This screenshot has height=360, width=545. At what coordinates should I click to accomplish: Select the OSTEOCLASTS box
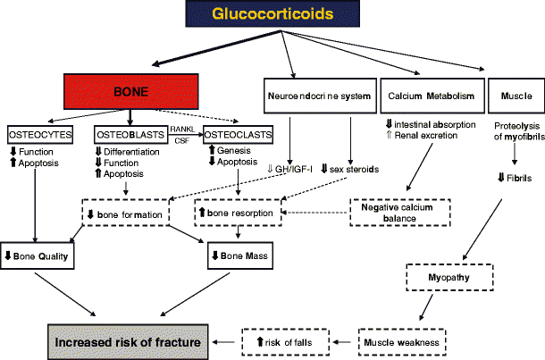[x=236, y=135]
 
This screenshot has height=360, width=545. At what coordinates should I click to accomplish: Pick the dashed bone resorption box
[x=238, y=215]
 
